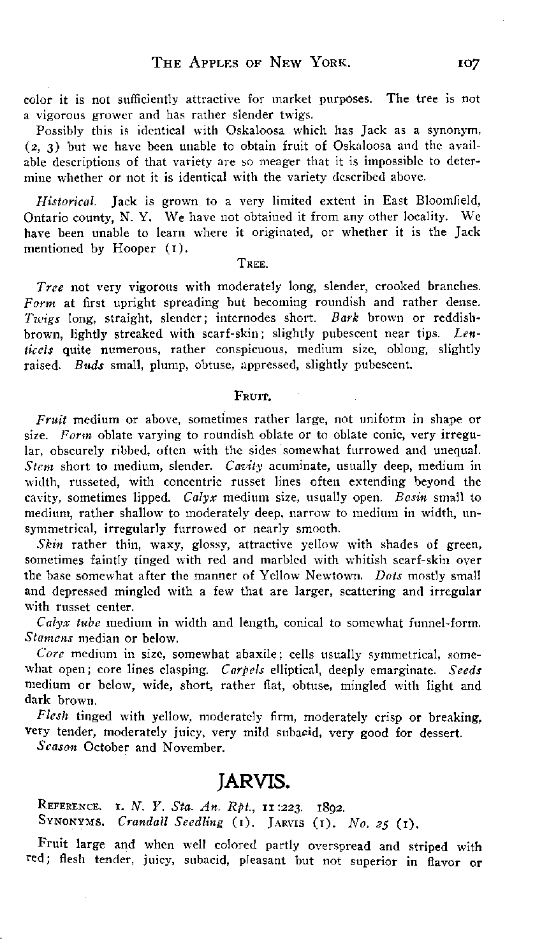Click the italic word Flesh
[x=50, y=717]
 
